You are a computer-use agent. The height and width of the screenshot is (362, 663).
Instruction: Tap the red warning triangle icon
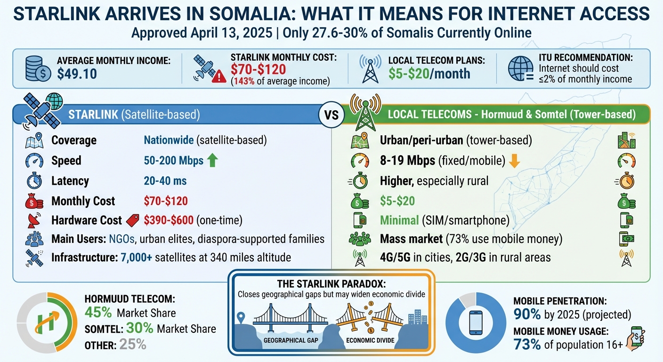coord(218,77)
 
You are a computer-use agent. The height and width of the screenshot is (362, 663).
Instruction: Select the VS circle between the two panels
coord(331,115)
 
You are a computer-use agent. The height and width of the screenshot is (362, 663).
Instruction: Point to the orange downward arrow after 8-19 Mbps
coord(514,161)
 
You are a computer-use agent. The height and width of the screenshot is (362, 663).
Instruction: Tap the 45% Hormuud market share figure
coord(98,313)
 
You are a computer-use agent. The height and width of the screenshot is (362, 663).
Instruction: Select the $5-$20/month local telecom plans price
coord(429,74)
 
